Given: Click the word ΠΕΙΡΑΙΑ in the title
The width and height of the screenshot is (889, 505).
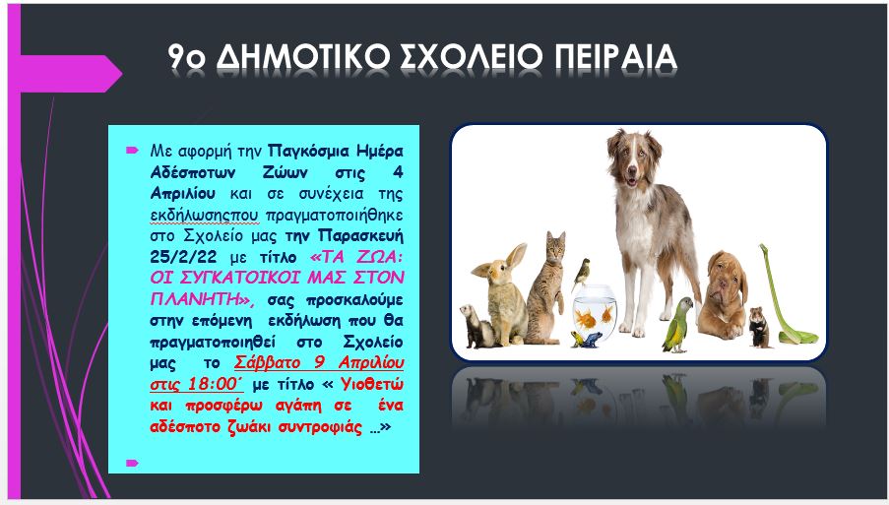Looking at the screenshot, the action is pyautogui.click(x=615, y=57).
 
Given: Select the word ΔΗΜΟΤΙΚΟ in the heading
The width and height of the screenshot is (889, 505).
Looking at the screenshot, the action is pyautogui.click(x=304, y=57).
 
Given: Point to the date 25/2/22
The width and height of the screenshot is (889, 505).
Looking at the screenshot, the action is pyautogui.click(x=184, y=257).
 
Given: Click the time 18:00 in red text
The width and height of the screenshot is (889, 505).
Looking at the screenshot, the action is pyautogui.click(x=212, y=384).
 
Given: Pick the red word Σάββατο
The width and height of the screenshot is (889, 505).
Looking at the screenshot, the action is pyautogui.click(x=267, y=362).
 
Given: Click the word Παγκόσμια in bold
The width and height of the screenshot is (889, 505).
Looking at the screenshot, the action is pyautogui.click(x=307, y=152).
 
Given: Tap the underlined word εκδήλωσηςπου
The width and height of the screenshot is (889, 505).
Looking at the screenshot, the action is pyautogui.click(x=204, y=216).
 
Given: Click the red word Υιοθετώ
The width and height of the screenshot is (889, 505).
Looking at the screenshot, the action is pyautogui.click(x=372, y=384).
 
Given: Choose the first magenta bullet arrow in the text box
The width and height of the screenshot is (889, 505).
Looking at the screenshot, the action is pyautogui.click(x=132, y=151).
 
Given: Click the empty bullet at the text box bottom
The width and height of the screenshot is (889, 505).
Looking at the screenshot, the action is pyautogui.click(x=132, y=463).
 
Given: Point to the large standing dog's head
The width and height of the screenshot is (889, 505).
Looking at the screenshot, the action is pyautogui.click(x=633, y=159).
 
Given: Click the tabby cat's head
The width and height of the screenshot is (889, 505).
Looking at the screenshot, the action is pyautogui.click(x=554, y=247).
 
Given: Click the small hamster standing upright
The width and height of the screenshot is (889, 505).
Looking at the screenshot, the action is pyautogui.click(x=759, y=327).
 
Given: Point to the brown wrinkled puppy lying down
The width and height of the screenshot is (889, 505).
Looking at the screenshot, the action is pyautogui.click(x=724, y=294).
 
